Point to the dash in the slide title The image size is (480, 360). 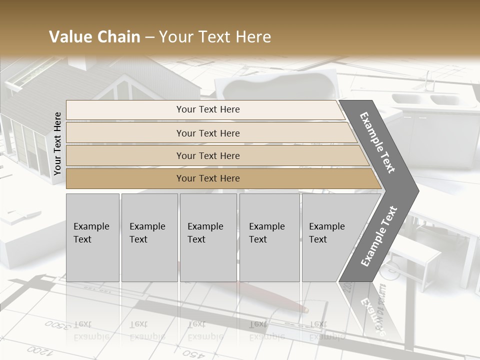pyautogui.click(x=149, y=37)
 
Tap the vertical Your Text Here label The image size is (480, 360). pyautogui.click(x=57, y=143)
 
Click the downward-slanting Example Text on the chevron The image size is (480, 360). pyautogui.click(x=377, y=142)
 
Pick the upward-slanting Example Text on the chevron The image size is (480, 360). pyautogui.click(x=379, y=236)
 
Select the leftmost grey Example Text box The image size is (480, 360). pyautogui.click(x=92, y=237)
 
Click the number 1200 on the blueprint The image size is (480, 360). pyautogui.click(x=37, y=349)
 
